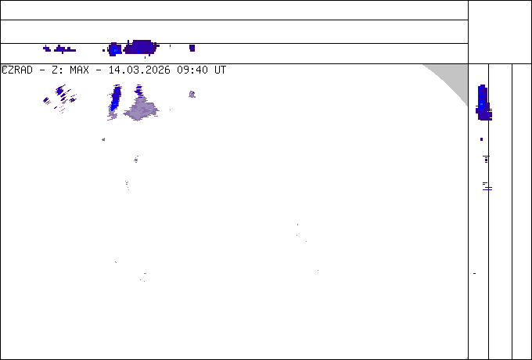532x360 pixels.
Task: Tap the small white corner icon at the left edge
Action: point(4,68)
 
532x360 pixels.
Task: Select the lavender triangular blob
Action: point(142,108)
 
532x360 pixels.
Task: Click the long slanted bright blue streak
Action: point(115,98)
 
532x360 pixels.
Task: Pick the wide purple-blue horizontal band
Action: point(141,48)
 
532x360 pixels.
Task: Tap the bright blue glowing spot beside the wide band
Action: point(115,50)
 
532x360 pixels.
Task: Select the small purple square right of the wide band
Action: point(192,48)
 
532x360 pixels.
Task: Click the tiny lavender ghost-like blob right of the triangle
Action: point(192,95)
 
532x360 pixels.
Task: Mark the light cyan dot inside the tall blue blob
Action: point(482,103)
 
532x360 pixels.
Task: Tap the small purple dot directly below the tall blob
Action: point(481,139)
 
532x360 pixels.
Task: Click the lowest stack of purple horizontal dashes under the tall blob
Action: point(487,187)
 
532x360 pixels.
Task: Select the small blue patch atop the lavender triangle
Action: point(139,88)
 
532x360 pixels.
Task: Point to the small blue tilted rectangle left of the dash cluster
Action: point(47,100)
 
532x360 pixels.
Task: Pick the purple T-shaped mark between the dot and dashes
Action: point(486,159)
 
